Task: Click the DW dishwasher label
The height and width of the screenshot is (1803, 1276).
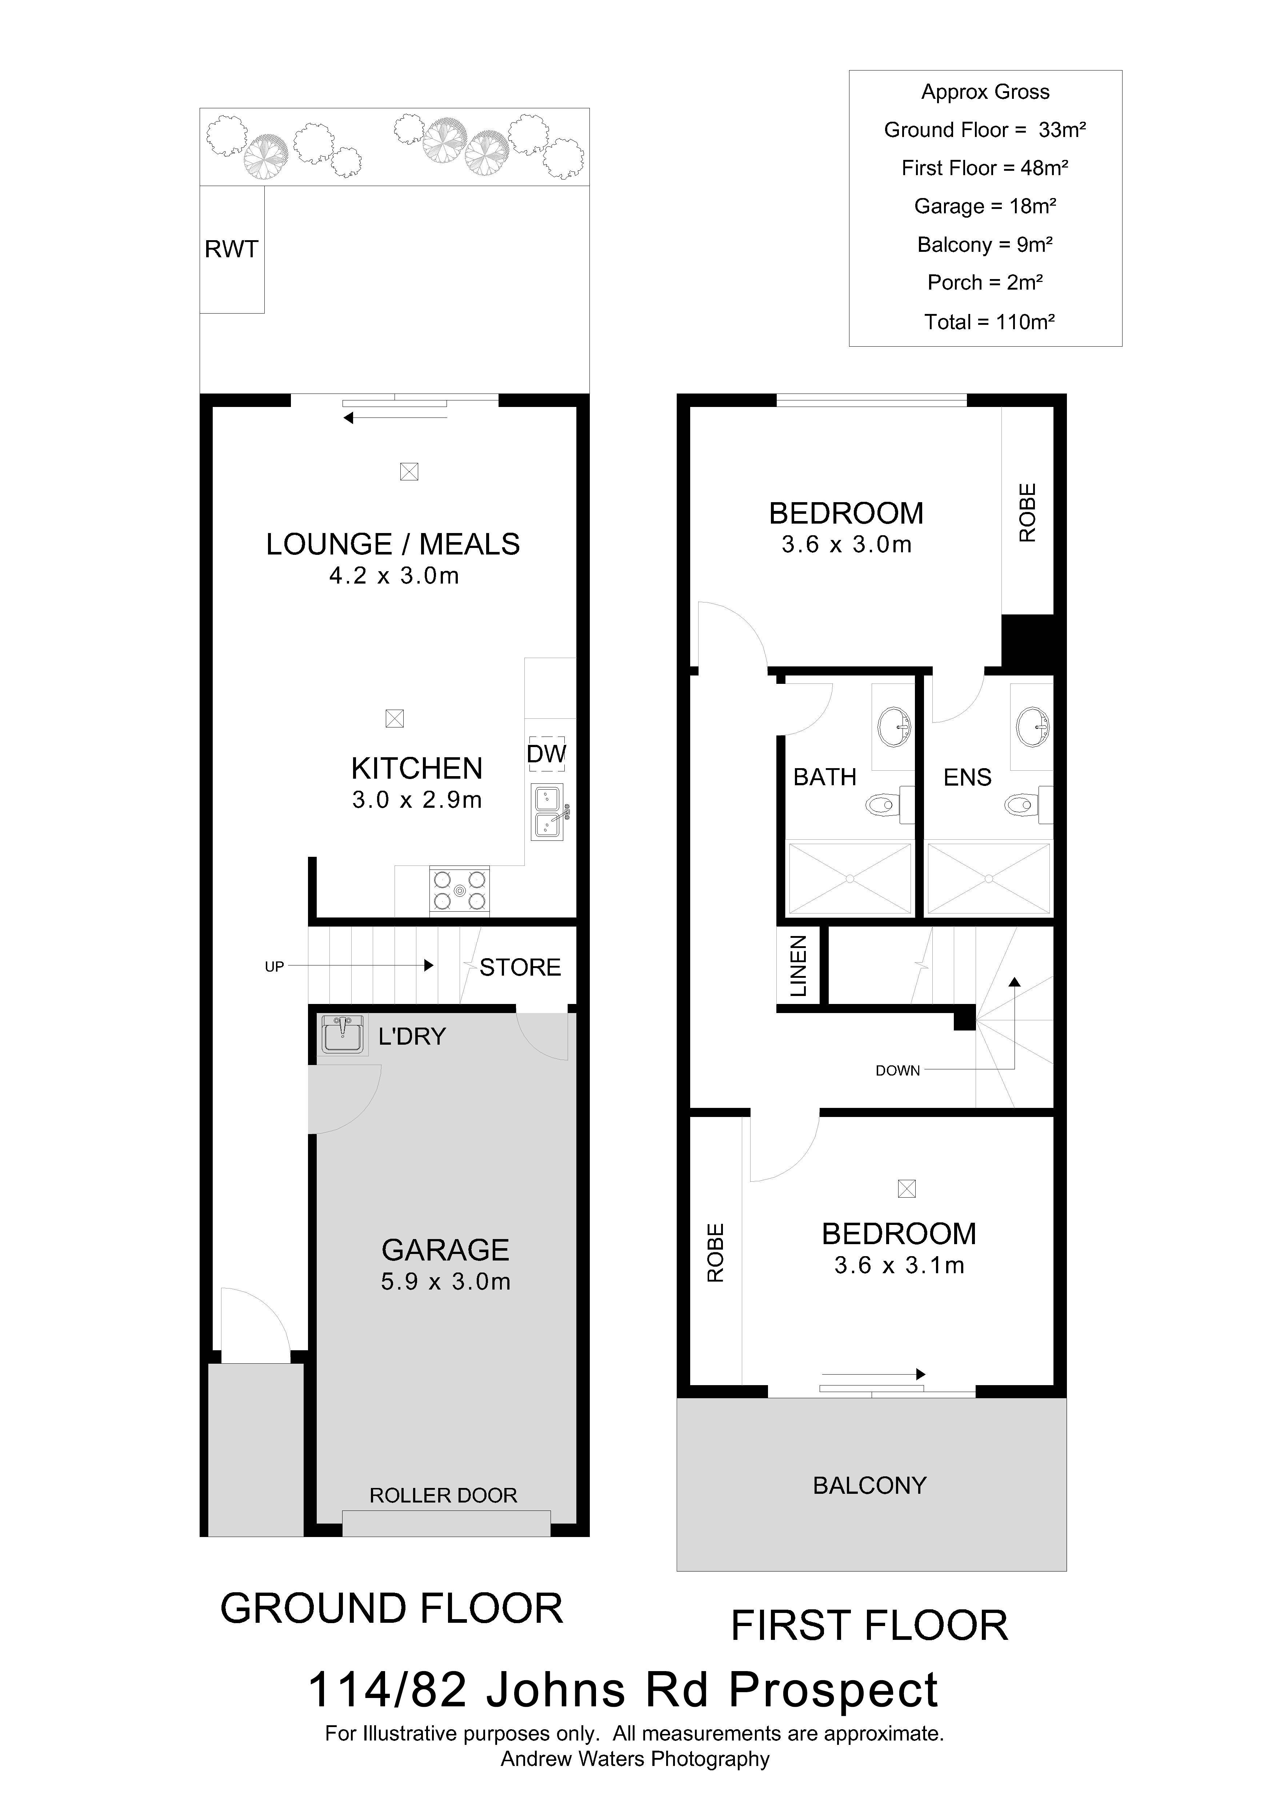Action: click(546, 754)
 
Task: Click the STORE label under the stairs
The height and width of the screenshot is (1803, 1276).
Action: click(520, 968)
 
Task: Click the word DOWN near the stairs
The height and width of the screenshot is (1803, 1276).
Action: click(897, 1070)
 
